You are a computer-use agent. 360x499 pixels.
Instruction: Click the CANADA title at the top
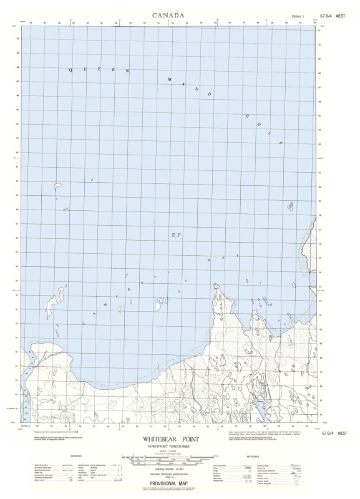click(168, 14)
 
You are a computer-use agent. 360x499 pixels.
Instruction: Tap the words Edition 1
click(298, 16)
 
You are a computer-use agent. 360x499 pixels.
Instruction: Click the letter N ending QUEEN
click(128, 70)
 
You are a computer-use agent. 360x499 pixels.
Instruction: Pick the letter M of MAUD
click(170, 79)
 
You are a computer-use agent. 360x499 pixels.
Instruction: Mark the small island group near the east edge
click(291, 206)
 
